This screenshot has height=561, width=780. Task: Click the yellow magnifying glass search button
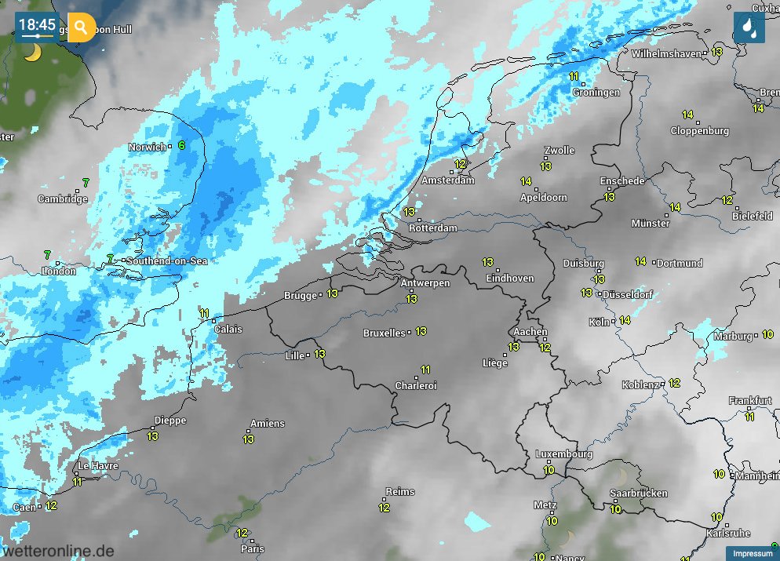click(x=81, y=27)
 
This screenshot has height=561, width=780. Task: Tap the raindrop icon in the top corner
click(x=749, y=27)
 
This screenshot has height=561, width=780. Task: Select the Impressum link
click(x=752, y=554)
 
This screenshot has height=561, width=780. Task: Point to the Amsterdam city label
click(x=448, y=180)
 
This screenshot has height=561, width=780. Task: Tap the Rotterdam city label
click(x=432, y=228)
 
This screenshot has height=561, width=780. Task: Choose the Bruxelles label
click(x=384, y=333)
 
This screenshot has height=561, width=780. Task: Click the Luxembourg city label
click(x=563, y=454)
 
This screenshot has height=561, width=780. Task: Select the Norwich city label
click(x=148, y=148)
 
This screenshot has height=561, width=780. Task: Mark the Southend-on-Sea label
click(x=166, y=261)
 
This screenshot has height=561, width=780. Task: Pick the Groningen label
click(x=596, y=93)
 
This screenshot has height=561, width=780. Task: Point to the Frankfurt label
click(x=749, y=401)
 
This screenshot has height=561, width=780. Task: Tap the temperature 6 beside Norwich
click(x=181, y=145)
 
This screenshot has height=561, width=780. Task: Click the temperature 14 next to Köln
click(x=625, y=320)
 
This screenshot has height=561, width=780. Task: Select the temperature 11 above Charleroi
click(x=425, y=370)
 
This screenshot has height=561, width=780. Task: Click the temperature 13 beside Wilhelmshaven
click(x=716, y=52)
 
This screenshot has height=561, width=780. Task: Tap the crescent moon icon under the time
click(x=31, y=53)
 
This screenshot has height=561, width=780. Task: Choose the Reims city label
click(x=400, y=492)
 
